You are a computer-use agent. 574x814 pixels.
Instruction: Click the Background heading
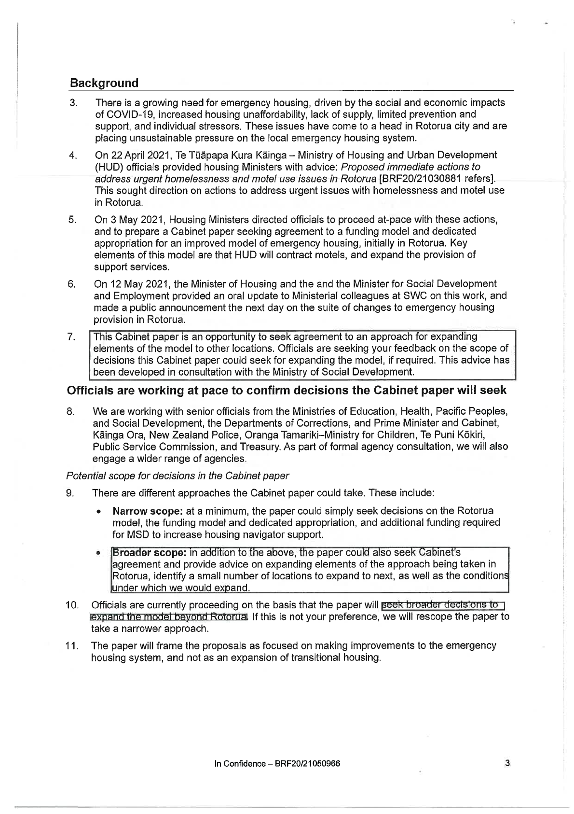(x=104, y=83)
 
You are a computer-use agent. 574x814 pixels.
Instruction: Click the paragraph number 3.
(x=73, y=103)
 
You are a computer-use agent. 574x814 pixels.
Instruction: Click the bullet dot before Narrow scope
(x=99, y=511)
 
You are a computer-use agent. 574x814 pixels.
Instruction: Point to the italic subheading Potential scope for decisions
(x=177, y=475)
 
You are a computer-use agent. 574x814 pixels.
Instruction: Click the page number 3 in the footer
(x=507, y=763)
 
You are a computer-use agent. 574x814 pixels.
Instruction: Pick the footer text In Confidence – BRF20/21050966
(x=277, y=764)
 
